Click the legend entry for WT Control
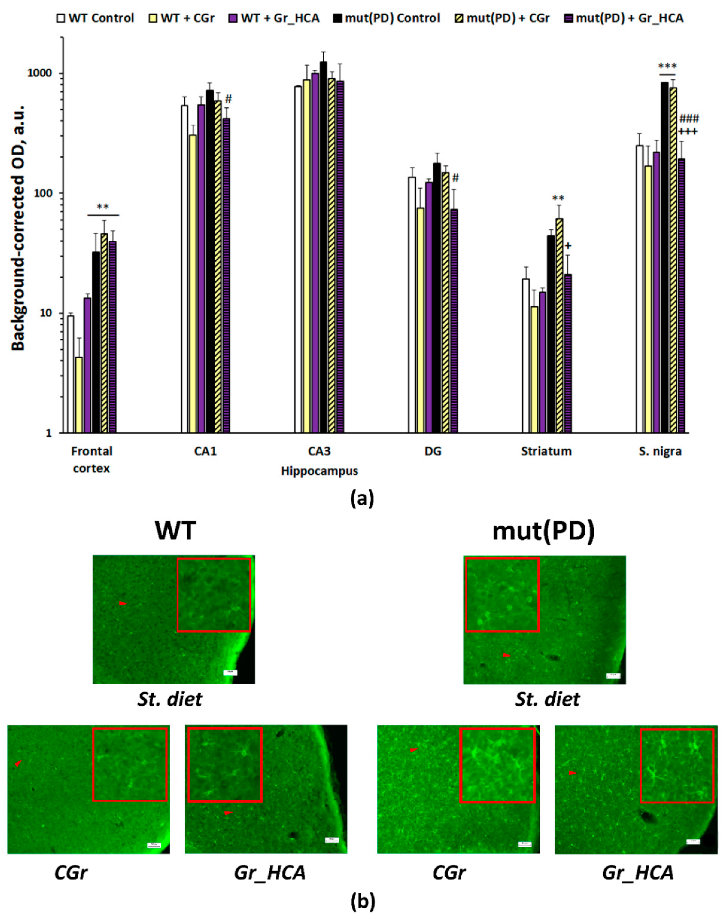pos(96,18)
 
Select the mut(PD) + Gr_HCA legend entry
pos(624,18)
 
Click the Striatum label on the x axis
pos(546,451)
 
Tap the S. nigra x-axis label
pos(660,451)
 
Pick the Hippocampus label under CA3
pos(319,471)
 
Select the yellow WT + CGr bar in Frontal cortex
pos(79,395)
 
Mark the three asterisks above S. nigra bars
pos(667,67)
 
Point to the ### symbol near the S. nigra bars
pos(689,119)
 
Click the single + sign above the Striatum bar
pos(568,246)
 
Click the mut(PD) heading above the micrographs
pos(543,531)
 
